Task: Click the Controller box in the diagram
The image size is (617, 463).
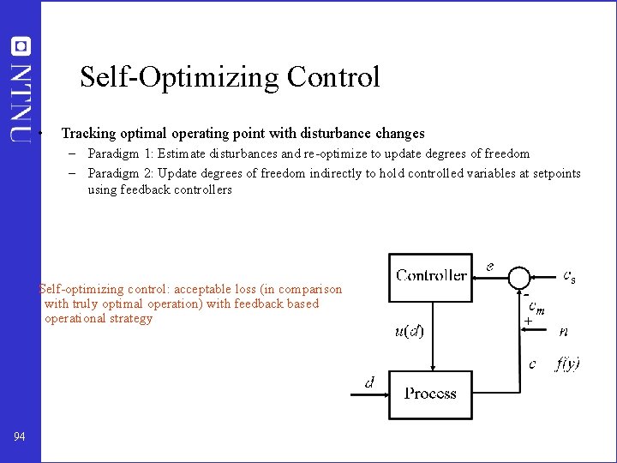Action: coord(430,275)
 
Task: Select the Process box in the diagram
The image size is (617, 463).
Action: coord(430,394)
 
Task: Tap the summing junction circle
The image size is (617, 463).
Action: coord(519,276)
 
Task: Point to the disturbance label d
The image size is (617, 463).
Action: coord(369,383)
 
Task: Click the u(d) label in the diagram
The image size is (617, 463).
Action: coord(409,331)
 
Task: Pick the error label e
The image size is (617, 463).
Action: coord(489,267)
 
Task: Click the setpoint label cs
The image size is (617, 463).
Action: coord(569,276)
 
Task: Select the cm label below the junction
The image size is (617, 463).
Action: coord(537,306)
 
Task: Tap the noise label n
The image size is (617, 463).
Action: coord(563,330)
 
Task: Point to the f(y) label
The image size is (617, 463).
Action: coord(567,364)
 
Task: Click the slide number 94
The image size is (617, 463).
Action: coord(20,437)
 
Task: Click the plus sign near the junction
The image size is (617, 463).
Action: coord(528,322)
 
